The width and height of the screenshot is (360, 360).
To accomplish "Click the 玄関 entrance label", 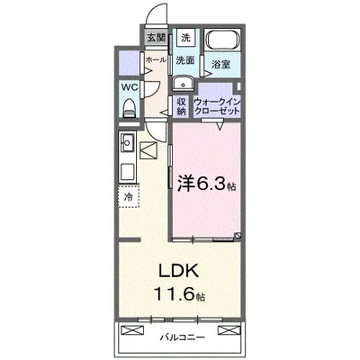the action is click(157, 38).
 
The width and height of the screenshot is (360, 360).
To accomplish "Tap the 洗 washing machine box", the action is click(186, 38).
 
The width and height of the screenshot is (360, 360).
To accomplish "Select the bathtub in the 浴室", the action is click(223, 40).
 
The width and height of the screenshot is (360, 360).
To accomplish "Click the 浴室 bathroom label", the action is click(221, 64).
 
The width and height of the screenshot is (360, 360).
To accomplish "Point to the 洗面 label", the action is click(185, 60).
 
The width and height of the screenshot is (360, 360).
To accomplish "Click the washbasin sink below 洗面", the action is click(183, 83).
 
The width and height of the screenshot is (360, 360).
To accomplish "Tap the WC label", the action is click(130, 87).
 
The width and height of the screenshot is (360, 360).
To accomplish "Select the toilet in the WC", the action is click(130, 108).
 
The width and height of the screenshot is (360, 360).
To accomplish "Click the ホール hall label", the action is click(156, 60).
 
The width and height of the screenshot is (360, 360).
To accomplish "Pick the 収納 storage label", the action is click(183, 106).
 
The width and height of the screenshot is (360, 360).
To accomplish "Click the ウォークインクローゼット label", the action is click(217, 106).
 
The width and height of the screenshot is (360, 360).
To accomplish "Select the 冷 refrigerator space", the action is click(129, 197).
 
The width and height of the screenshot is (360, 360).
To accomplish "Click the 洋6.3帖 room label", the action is click(206, 184).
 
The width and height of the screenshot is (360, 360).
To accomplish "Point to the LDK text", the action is click(179, 271).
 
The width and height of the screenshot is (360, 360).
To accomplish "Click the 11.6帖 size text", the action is click(180, 294).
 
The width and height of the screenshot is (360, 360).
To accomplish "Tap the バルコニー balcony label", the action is click(183, 337).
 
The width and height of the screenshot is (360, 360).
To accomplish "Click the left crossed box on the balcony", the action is click(132, 330).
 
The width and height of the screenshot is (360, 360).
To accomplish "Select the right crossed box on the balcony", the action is click(229, 330).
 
